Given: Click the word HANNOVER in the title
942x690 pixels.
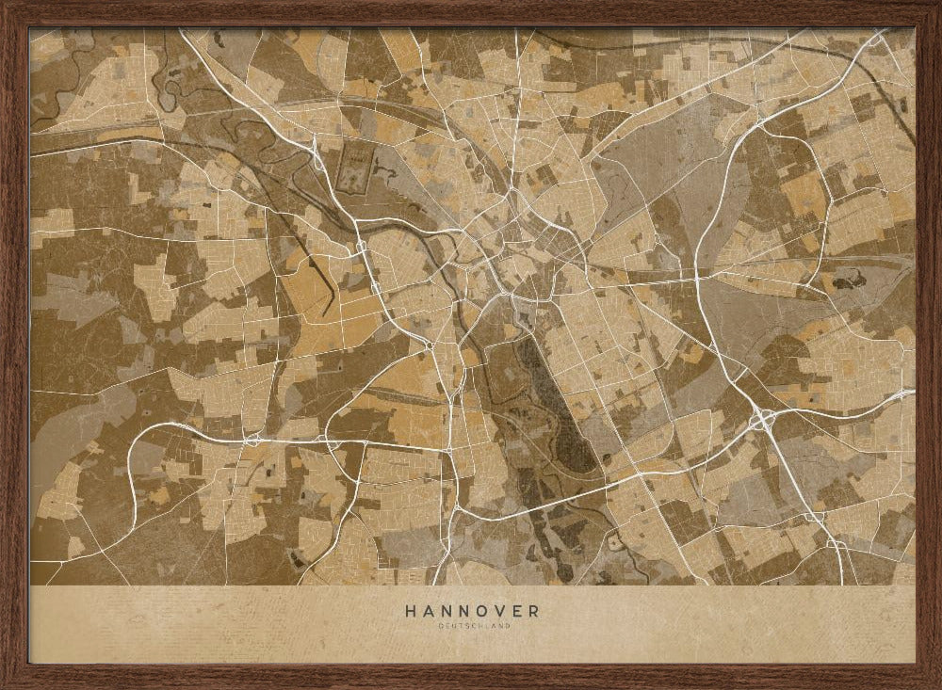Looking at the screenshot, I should pyautogui.click(x=472, y=610).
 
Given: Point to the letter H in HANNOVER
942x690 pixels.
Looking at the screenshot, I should pyautogui.click(x=411, y=610).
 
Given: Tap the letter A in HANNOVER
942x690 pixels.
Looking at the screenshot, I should pyautogui.click(x=428, y=610).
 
